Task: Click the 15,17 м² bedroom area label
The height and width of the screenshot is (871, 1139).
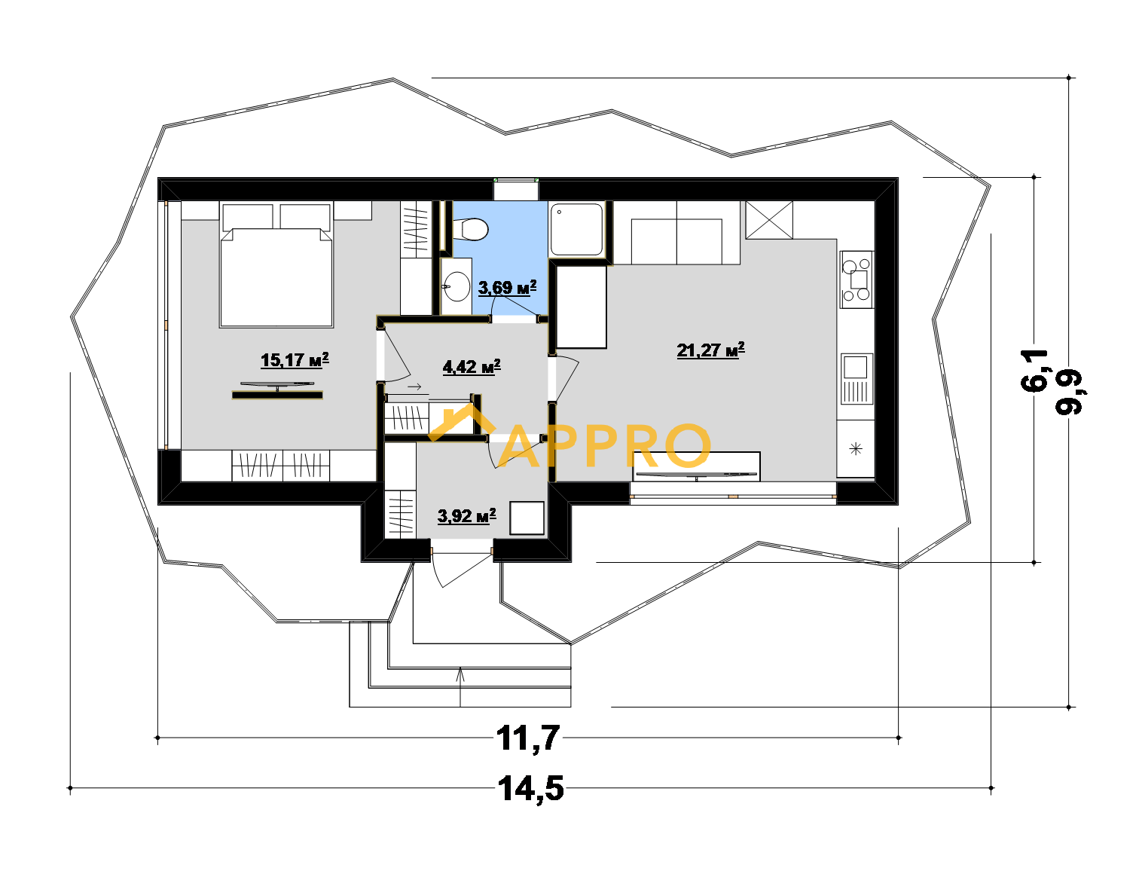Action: pos(295,360)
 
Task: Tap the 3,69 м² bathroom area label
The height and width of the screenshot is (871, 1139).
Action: pos(507,288)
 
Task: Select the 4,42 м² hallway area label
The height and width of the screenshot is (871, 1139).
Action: pos(471,367)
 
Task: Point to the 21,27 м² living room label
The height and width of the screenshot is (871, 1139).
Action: pos(710,350)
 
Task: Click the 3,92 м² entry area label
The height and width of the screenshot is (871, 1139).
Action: pos(466,516)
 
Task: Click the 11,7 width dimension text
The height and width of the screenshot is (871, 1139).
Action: pos(528,738)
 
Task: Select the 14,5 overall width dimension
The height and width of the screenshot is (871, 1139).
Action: pos(530,789)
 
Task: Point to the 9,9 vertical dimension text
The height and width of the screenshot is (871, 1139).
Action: pos(1070,393)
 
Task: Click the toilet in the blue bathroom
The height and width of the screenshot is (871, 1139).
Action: pos(470,229)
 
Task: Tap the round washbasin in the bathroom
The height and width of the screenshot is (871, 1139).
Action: pos(457,286)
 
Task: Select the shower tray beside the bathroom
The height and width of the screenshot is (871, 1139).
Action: pos(576,229)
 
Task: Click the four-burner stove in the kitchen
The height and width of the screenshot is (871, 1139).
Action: pos(857,280)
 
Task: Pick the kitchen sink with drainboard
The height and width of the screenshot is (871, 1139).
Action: pos(857,379)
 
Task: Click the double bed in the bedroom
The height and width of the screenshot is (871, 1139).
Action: pos(276,265)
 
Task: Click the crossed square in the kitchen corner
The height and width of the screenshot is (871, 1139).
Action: pos(769,220)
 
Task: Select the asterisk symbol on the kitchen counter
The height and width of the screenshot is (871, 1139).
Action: pos(856,449)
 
